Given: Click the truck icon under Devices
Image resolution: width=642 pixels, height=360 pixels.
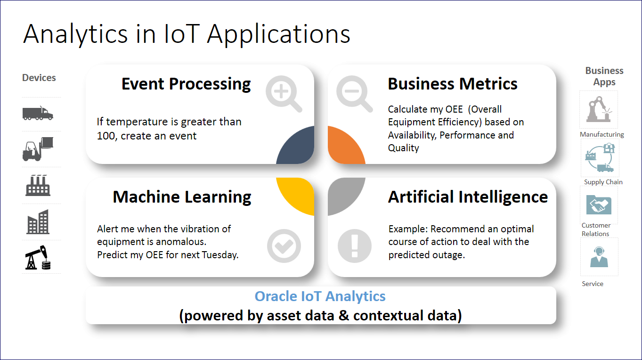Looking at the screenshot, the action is coord(38,113).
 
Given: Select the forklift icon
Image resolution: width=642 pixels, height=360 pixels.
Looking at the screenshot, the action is coord(38,149).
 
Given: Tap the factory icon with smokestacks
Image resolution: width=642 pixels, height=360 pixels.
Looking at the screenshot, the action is coord(38,186).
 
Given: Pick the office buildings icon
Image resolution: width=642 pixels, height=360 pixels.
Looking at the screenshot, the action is coord(38,221).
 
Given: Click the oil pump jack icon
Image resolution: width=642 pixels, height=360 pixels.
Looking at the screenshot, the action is coord(38,257).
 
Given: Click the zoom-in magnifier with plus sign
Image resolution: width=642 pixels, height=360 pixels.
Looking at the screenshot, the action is coord(284,94).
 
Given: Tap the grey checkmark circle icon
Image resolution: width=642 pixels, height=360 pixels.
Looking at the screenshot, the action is coord(284,246).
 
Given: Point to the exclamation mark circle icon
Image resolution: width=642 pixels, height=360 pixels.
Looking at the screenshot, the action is coord(355,246).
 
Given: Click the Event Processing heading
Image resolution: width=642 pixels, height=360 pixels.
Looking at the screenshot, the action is coord(186,84).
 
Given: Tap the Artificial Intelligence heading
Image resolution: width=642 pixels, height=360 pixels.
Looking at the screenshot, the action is coord(468,197).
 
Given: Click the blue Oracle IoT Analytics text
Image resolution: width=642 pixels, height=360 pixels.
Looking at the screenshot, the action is coord(320,296).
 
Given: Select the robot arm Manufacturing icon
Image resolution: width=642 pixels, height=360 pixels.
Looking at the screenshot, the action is coord(599,109).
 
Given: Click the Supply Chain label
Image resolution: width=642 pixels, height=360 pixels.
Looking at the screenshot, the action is coord(603,182).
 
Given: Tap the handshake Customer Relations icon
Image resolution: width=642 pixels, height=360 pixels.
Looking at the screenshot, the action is coord(599,205).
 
